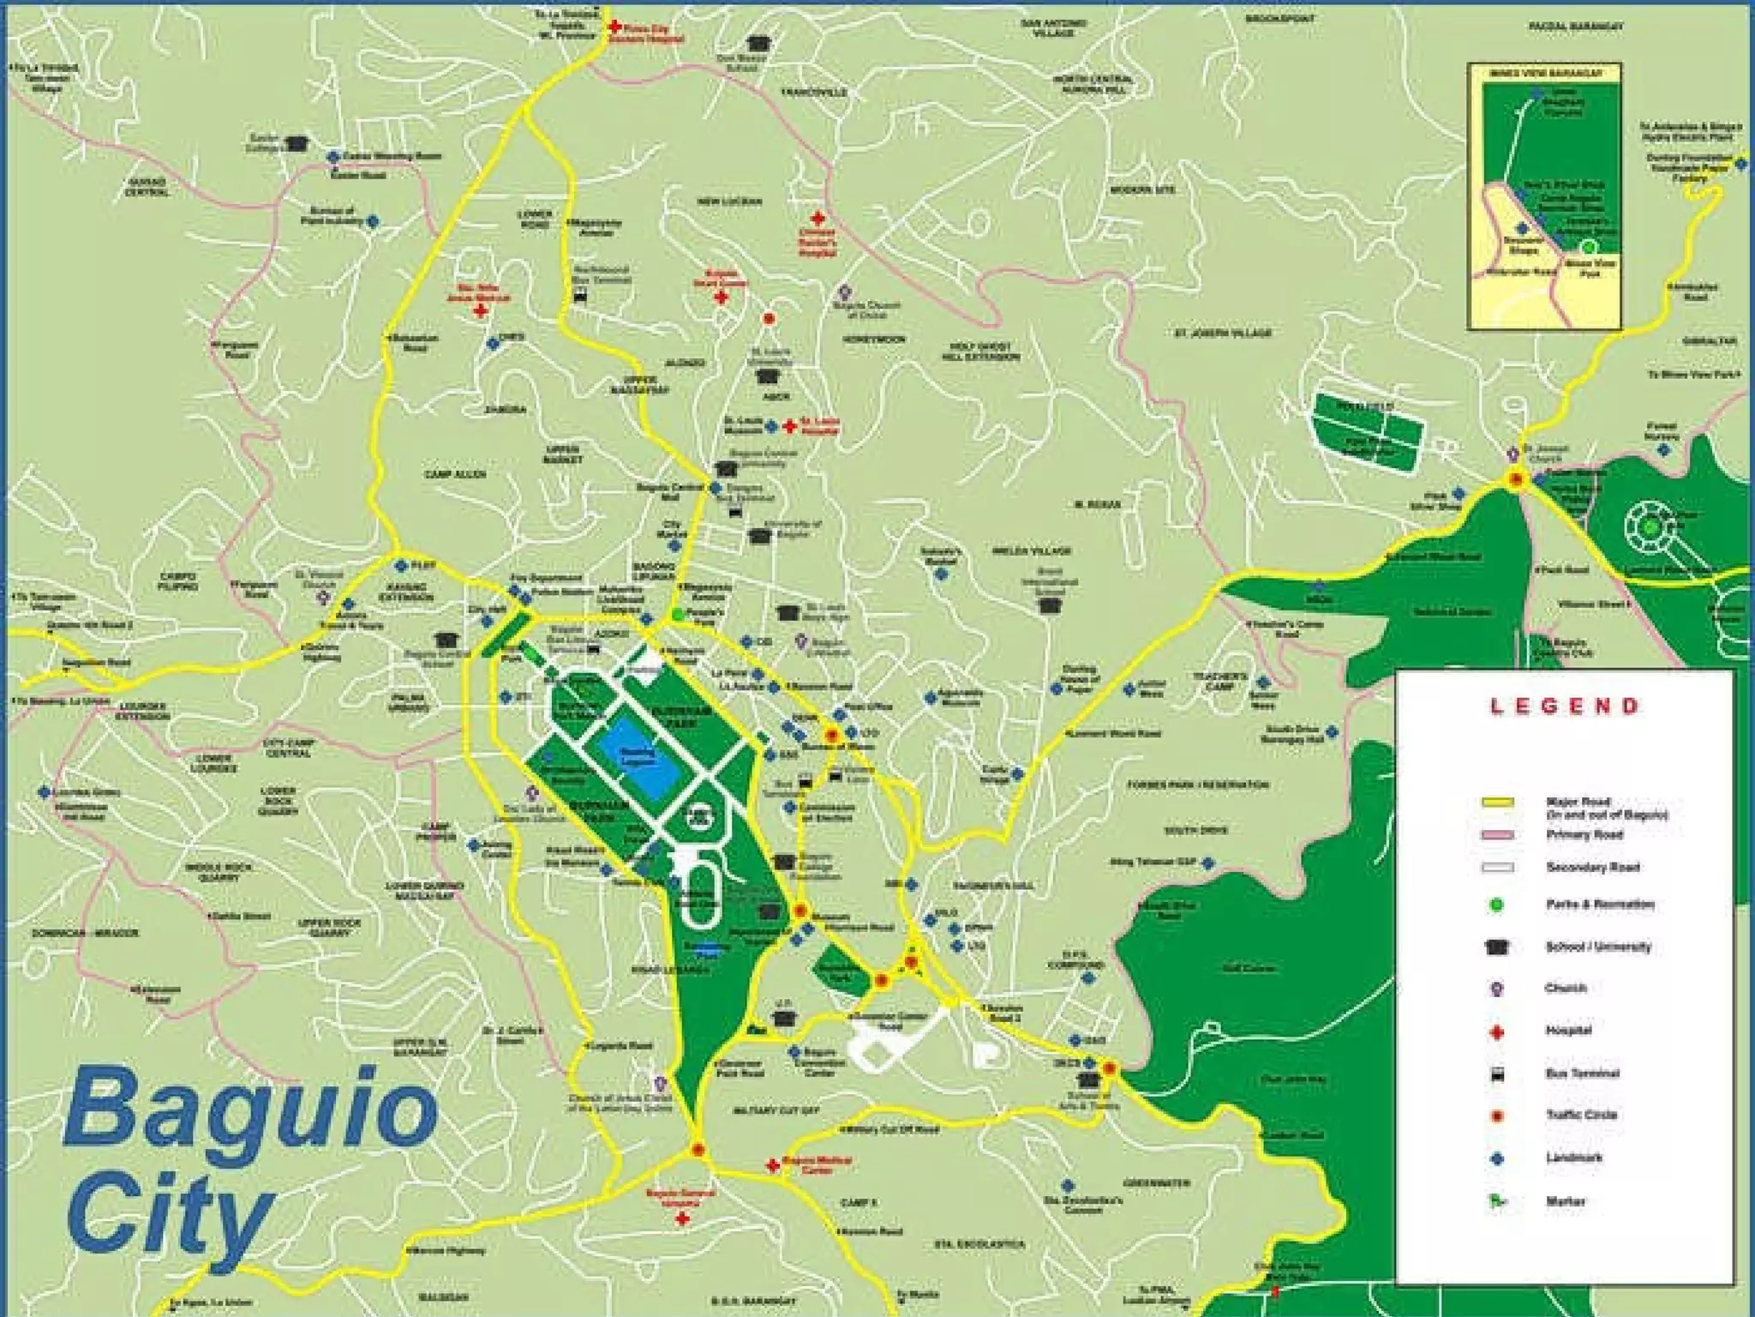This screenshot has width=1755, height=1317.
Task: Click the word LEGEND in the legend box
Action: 1563,707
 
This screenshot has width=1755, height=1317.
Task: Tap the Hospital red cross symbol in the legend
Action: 1497,1031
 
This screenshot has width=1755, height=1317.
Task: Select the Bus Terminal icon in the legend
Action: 1497,1073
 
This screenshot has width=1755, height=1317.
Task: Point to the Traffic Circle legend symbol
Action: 1497,1116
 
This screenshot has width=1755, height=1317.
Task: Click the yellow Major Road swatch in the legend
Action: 1497,803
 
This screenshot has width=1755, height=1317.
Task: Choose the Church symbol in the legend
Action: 1497,989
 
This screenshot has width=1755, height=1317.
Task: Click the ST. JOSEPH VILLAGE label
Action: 1222,333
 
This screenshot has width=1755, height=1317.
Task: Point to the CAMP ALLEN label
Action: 455,474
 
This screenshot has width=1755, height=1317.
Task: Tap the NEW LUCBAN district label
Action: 730,201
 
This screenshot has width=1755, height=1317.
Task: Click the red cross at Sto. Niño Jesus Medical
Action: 481,310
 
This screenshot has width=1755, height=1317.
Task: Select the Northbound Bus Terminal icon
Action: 580,297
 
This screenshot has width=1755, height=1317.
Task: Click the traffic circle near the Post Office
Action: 831,735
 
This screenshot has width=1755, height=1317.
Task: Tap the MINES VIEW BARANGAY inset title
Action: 1545,74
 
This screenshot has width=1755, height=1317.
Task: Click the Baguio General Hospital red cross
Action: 682,1218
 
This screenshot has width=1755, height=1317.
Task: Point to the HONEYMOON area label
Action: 873,340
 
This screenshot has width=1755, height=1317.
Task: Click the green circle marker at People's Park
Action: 678,614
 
